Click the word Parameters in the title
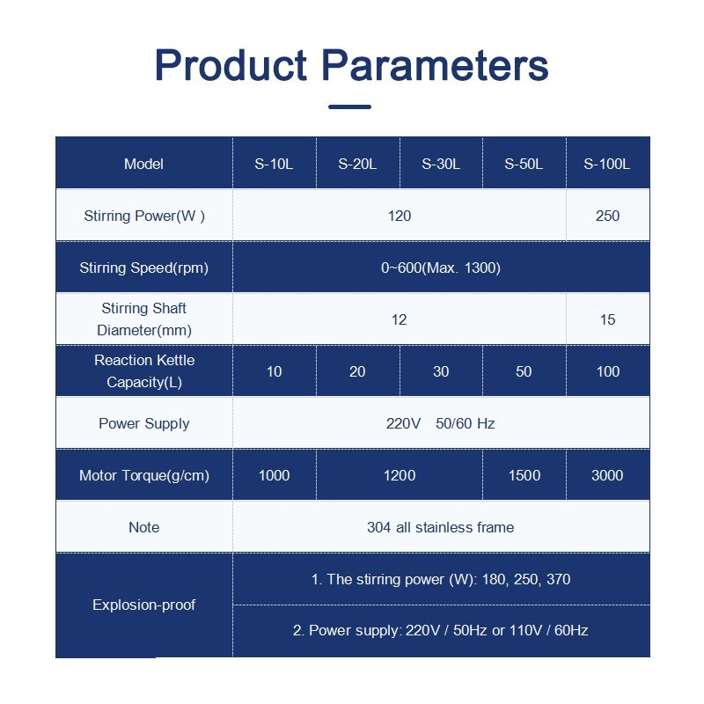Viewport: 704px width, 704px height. pyautogui.click(x=435, y=65)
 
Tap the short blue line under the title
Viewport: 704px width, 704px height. pyautogui.click(x=349, y=106)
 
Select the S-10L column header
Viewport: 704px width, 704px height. pyautogui.click(x=274, y=164)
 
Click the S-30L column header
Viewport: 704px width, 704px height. pyautogui.click(x=441, y=164)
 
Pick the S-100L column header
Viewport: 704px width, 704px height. pyautogui.click(x=607, y=164)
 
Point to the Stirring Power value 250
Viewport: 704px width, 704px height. pyautogui.click(x=607, y=216)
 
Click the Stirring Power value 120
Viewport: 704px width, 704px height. pyautogui.click(x=400, y=216)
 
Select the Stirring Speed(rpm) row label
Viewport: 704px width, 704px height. pyautogui.click(x=144, y=268)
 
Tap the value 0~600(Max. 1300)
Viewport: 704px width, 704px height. pyautogui.click(x=441, y=268)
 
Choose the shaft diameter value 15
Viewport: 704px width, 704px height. pyautogui.click(x=607, y=319)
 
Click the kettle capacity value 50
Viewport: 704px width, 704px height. pyautogui.click(x=524, y=371)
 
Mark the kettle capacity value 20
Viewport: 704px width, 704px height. pyautogui.click(x=357, y=371)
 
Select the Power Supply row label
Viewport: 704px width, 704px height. pyautogui.click(x=144, y=423)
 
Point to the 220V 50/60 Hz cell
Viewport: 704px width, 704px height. pyautogui.click(x=441, y=423)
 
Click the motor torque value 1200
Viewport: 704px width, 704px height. pyautogui.click(x=400, y=475)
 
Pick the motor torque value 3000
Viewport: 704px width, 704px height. pyautogui.click(x=607, y=475)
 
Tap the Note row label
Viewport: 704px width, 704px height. pyautogui.click(x=144, y=527)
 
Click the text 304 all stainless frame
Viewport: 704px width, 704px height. pyautogui.click(x=441, y=527)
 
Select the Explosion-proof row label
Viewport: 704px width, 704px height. pyautogui.click(x=144, y=605)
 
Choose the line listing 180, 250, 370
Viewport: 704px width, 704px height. pyautogui.click(x=441, y=579)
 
